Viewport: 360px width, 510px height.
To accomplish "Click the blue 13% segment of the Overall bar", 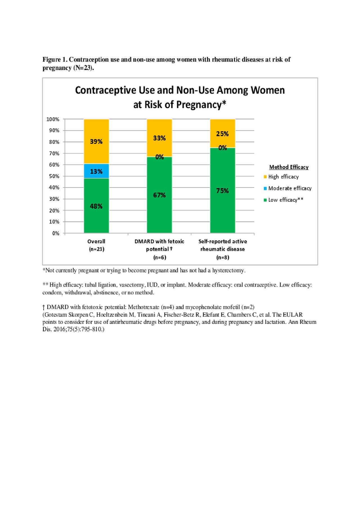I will pos(96,171).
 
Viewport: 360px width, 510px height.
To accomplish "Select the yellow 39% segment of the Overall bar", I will pos(96,141).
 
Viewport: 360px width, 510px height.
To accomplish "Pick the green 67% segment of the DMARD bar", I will pos(159,195).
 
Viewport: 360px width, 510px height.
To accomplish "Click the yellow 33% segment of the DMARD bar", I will pos(159,138).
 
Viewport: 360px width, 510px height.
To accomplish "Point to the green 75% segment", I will pos(222,190).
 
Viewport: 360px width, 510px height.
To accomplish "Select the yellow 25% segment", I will pos(222,133).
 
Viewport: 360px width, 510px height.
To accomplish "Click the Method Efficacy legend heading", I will pos(289,167).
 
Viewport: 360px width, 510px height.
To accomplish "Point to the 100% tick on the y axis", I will pos(53,119).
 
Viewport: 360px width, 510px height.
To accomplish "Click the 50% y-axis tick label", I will pos(54,176).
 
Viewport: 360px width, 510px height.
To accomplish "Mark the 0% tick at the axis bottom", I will pos(56,233).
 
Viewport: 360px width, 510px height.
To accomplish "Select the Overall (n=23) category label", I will pos(96,245).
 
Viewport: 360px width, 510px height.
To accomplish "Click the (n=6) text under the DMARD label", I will pos(159,257).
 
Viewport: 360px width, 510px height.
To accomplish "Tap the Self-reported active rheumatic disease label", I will pos(222,245).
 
